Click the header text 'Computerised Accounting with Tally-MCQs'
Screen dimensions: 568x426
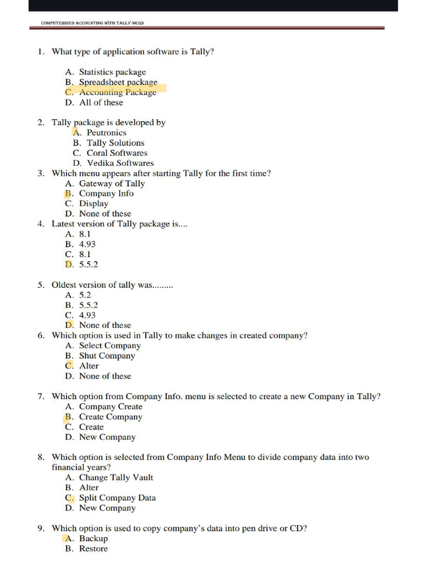coord(93,23)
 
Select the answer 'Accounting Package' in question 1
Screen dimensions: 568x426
coord(118,93)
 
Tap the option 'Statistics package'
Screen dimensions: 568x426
coord(112,72)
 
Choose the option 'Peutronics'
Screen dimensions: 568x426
coord(106,133)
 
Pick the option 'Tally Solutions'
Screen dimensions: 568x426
coord(115,143)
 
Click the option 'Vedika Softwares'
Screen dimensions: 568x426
coord(120,163)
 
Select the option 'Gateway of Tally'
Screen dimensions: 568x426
coord(111,184)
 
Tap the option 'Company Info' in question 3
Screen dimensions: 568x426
coord(106,194)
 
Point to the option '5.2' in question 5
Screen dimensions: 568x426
coord(85,295)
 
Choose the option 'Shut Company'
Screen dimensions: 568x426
coord(107,356)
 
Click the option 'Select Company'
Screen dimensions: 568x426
coord(110,346)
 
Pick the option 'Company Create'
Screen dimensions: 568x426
coord(110,407)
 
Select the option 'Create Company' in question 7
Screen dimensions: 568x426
coord(110,417)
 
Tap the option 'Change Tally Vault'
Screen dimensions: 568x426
coord(116,478)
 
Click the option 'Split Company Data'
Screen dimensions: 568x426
coord(117,498)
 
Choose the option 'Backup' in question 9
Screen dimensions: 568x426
coord(93,539)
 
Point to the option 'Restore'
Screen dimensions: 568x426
coord(93,549)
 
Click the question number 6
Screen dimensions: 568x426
coord(41,336)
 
